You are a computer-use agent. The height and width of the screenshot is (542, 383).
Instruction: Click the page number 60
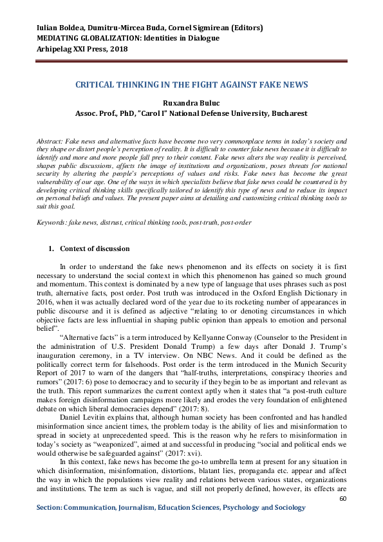(343, 498)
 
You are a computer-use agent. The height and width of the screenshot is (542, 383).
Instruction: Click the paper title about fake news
(192, 84)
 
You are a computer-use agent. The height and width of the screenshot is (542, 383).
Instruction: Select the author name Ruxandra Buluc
(191, 102)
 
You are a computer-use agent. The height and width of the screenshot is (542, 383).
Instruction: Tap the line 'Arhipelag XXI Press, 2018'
(81, 48)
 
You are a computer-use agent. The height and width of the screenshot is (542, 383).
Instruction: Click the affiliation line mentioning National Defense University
(191, 113)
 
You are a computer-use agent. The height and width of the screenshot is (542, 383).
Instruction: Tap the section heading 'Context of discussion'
(95, 248)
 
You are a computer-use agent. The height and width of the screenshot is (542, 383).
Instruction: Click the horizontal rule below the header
(191, 62)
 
